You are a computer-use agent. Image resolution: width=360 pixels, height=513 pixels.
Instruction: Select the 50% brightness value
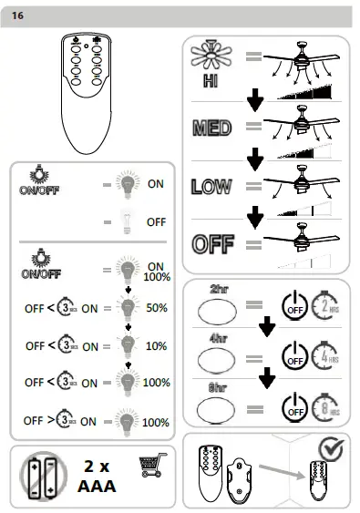[156, 308]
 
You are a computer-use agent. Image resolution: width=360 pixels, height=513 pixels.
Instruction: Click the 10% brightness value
[156, 346]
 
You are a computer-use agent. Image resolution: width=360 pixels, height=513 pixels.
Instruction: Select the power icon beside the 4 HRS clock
[293, 356]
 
